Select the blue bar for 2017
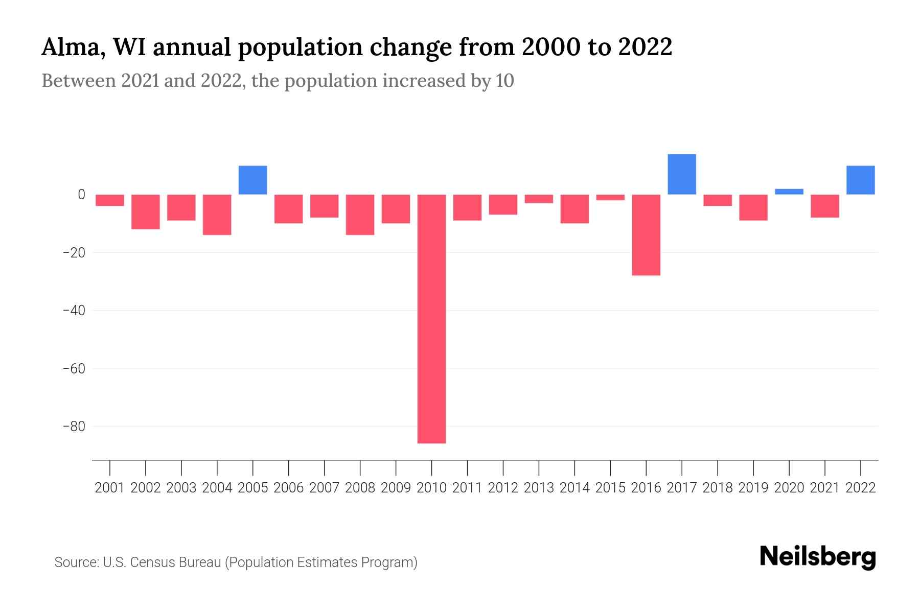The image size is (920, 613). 682,174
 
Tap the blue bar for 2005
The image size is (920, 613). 253,180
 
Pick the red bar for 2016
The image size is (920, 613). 646,235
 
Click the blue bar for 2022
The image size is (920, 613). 861,180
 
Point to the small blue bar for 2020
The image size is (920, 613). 789,192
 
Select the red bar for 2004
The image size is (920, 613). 217,215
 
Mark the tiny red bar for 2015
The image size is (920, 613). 610,197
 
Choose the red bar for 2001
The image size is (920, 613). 110,200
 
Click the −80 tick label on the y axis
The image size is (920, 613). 74,426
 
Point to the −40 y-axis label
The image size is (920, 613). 74,310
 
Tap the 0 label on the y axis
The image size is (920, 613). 81,195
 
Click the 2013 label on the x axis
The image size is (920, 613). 539,488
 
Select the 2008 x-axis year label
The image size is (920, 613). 360,488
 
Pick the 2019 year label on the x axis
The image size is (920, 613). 753,488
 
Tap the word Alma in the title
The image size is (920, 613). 70,48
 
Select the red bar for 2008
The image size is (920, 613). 360,215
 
